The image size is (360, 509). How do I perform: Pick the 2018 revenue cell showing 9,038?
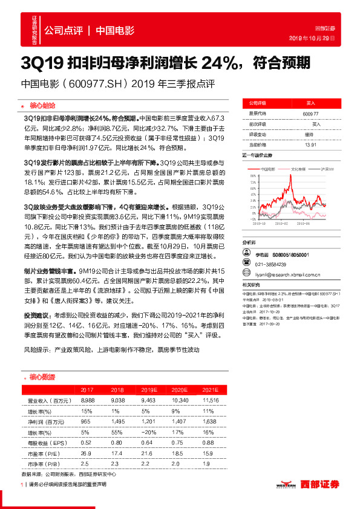(x=117, y=400)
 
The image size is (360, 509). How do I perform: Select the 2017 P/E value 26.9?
(x=87, y=452)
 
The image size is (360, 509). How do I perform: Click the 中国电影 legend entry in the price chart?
(x=267, y=169)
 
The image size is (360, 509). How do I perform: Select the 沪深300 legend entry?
(x=328, y=169)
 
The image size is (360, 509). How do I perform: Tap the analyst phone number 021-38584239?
(x=272, y=265)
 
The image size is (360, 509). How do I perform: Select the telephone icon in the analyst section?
(x=246, y=265)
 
